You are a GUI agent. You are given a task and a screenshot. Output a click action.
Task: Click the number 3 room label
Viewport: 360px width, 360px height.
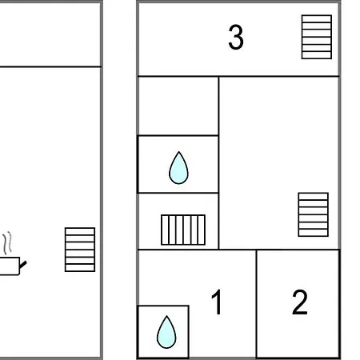[236, 37]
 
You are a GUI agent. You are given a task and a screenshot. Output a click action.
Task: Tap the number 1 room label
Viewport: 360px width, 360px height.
[218, 302]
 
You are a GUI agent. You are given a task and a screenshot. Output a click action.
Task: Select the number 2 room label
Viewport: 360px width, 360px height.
[300, 302]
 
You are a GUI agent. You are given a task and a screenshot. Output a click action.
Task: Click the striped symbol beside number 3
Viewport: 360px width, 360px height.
[317, 37]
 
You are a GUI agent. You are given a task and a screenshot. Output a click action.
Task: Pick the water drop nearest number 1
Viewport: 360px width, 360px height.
[166, 332]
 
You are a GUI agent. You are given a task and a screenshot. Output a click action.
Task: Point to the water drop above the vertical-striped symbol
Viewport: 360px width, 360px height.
[178, 168]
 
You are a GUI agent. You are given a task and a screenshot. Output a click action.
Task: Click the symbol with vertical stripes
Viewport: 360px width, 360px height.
[183, 230]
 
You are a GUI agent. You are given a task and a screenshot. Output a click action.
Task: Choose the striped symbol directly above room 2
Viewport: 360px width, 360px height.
[314, 214]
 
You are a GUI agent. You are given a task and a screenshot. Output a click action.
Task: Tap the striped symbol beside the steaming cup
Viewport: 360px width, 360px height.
[80, 250]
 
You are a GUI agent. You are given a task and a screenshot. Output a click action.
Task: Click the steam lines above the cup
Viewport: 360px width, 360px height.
[8, 242]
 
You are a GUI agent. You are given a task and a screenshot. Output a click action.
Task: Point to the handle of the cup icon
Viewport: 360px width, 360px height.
[23, 265]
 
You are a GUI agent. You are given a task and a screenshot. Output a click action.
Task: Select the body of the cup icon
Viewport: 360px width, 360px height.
[10, 266]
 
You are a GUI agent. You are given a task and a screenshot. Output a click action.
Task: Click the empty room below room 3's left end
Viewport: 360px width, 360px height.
[178, 106]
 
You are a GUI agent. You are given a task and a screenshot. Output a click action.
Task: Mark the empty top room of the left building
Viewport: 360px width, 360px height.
[50, 34]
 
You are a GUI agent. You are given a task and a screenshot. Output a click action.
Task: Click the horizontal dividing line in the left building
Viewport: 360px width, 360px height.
[50, 66]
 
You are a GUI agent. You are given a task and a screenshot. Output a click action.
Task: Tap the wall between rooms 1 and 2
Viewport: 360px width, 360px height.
[256, 304]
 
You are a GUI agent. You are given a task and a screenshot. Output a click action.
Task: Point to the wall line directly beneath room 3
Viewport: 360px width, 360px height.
[238, 77]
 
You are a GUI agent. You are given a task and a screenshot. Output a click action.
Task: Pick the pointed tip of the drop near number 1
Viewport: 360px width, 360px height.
[166, 316]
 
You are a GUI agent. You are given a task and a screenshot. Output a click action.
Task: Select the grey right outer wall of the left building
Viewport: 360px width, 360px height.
[102, 179]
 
